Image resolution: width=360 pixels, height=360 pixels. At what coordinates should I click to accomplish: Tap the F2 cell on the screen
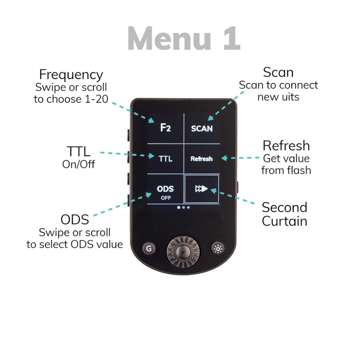click(165, 128)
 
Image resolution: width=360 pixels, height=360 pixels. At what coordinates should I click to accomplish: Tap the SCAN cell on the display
click(202, 128)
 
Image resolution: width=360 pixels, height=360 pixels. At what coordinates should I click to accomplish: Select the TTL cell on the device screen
click(165, 159)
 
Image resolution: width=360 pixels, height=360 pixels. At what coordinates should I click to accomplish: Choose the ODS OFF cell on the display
click(165, 189)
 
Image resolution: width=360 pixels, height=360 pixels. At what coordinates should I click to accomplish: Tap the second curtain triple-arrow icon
click(201, 189)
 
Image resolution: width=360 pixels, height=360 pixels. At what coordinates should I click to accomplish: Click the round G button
click(149, 248)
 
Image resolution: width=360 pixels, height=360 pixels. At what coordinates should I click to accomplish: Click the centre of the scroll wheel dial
click(183, 252)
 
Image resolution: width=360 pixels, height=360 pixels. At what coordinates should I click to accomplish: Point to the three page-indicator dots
click(183, 208)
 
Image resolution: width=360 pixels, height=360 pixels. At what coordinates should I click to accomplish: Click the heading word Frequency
click(71, 75)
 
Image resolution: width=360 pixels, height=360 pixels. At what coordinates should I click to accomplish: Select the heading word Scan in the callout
click(278, 72)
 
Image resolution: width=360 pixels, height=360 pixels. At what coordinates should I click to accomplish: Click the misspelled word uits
click(290, 97)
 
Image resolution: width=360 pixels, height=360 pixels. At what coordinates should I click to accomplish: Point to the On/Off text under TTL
click(79, 164)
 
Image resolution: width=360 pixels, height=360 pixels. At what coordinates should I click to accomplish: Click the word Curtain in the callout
click(284, 221)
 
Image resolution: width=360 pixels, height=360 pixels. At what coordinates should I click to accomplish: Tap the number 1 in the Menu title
click(232, 38)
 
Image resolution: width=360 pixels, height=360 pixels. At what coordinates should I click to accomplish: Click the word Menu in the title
click(169, 38)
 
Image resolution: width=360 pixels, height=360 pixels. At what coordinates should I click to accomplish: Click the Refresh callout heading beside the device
click(286, 146)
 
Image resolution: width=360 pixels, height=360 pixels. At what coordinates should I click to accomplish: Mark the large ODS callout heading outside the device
click(75, 219)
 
